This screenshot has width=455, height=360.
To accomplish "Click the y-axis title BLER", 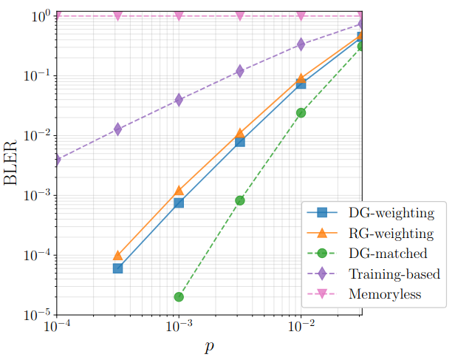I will point(13,164).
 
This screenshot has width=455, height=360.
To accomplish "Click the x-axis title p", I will point(208,347).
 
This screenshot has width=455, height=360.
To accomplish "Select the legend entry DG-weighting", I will point(391,214).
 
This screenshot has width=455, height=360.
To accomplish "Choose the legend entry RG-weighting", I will point(391,234).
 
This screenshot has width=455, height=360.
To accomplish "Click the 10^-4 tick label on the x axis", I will point(56,325).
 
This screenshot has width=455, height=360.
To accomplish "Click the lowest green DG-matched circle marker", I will point(179,296).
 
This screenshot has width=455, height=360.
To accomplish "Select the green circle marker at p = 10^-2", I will point(301,112).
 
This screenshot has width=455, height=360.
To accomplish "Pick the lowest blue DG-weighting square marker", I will point(117,268).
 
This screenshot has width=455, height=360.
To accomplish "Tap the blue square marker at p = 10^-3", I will point(179,203).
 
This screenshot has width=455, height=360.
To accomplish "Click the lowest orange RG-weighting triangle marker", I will point(117,255).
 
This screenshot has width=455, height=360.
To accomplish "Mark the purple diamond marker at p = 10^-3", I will point(179,100).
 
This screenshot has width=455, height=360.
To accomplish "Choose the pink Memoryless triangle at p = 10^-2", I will point(301,16).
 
